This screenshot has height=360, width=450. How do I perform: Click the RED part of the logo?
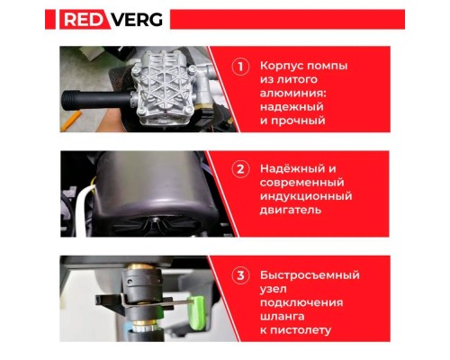point(85,19)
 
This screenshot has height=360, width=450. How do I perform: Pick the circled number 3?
point(240,274)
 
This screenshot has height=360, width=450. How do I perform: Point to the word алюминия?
point(295,94)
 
